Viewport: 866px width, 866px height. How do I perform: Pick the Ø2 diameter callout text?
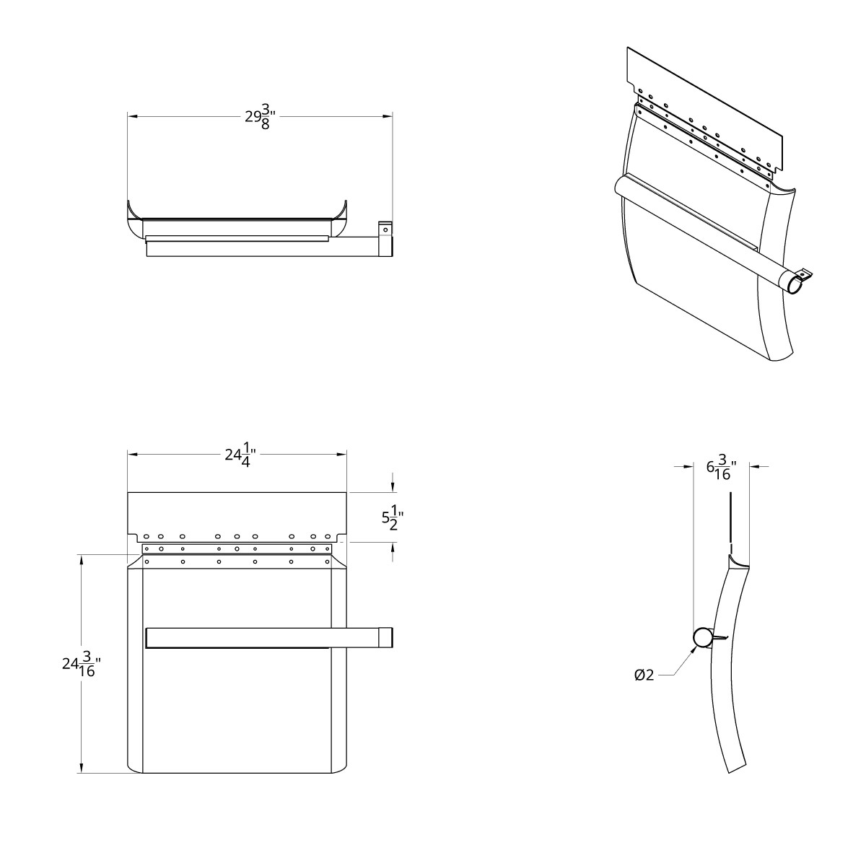(x=644, y=675)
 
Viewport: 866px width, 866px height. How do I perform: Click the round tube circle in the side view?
(x=702, y=637)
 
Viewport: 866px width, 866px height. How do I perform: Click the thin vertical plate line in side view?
(x=730, y=516)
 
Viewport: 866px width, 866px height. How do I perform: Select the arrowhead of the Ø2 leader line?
(x=695, y=648)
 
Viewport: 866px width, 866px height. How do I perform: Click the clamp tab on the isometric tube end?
(x=806, y=274)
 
